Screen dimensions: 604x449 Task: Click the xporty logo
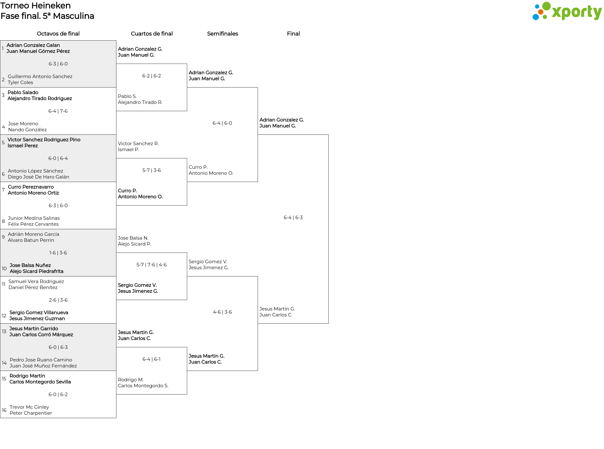567,11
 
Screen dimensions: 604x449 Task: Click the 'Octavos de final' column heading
58,34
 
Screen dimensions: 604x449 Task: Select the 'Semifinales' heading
222,34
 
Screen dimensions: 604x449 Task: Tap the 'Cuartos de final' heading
152,34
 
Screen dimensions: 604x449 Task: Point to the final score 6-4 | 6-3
293,218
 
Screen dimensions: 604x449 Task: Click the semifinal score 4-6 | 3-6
222,312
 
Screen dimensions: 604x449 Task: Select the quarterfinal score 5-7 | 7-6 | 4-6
152,265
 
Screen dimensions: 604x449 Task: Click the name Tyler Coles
20,82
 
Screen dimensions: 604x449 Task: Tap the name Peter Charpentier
31,413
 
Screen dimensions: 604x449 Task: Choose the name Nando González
27,130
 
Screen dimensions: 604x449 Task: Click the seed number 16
4,410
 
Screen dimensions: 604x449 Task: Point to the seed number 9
3,237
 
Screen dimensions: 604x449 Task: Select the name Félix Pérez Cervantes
33,224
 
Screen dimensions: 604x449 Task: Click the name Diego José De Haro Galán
38,177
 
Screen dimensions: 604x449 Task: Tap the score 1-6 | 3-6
58,253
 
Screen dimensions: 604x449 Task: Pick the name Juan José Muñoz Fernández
43,366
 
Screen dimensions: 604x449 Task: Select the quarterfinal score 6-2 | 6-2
152,76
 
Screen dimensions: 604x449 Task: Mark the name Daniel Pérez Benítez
33,287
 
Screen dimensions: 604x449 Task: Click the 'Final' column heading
293,34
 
